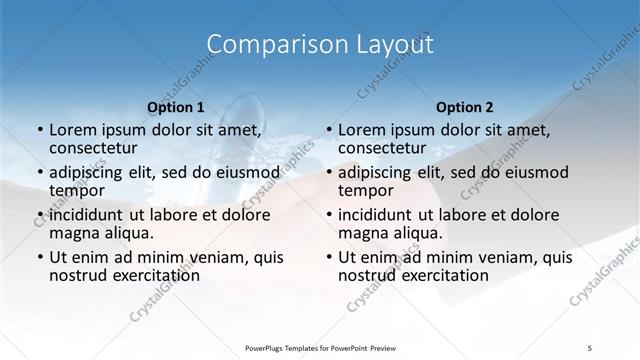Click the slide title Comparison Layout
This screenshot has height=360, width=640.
click(x=320, y=45)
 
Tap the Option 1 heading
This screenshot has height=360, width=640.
click(x=175, y=106)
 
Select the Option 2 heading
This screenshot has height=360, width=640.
click(x=464, y=106)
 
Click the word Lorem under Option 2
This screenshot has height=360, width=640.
click(x=362, y=130)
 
